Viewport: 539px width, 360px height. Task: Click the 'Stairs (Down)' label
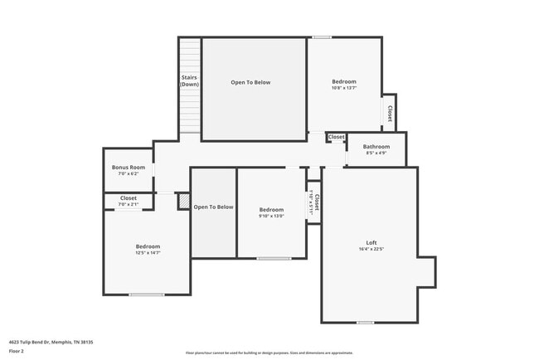190,81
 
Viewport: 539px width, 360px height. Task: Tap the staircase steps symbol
190,112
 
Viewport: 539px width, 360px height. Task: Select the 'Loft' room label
371,242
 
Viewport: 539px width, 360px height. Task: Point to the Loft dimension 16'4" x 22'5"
371,249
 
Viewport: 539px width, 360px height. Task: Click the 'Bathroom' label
376,146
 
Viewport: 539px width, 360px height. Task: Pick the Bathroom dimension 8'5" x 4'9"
376,153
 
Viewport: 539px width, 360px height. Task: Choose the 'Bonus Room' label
129,168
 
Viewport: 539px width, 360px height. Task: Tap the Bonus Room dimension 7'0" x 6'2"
129,174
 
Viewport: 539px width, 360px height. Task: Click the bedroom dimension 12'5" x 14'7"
148,253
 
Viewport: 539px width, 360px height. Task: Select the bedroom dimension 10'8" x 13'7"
344,88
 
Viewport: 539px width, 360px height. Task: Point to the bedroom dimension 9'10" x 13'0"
271,216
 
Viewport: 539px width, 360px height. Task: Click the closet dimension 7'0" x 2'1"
129,204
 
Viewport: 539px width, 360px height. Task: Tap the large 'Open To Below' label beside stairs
250,82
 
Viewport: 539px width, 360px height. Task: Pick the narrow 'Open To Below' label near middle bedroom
214,207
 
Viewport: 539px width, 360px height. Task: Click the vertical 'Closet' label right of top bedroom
389,113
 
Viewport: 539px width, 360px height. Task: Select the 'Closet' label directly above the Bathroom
336,137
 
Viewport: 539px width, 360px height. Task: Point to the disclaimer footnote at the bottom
269,353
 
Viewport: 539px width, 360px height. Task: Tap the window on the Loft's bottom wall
365,322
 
